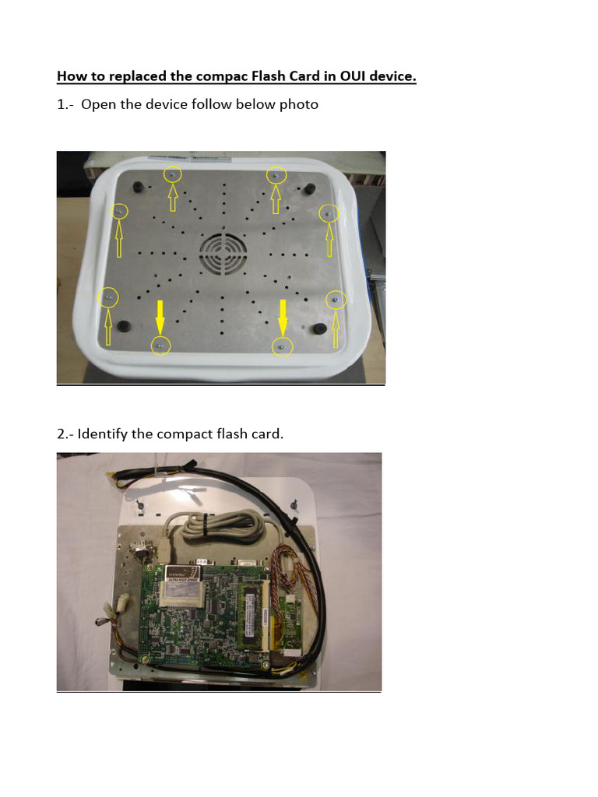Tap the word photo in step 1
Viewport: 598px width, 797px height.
299,104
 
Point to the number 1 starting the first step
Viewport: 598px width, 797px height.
61,104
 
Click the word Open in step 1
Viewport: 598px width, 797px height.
98,104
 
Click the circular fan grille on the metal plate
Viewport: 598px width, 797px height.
222,255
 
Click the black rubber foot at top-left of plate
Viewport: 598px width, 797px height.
139,188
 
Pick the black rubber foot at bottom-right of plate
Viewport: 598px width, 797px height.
318,328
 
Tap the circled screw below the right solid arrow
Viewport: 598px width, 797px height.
283,345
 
